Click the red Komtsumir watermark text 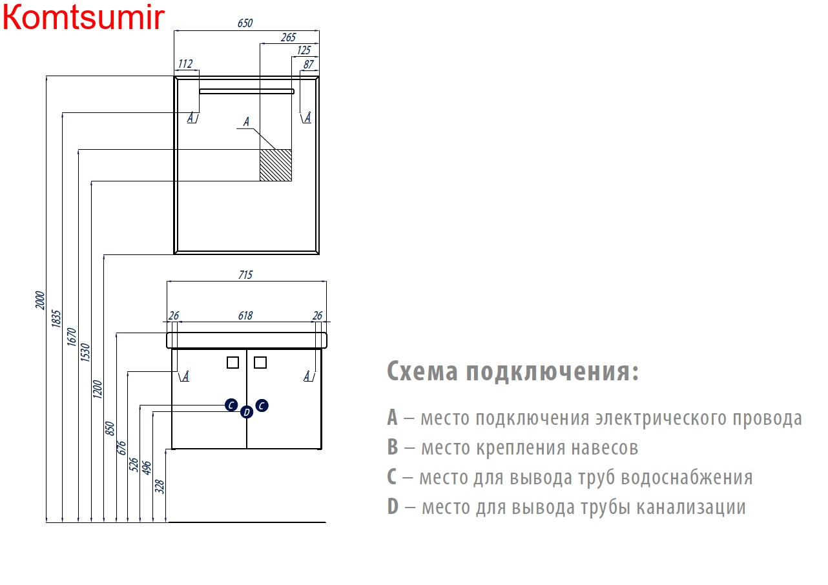[83, 17]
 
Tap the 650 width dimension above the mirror [245, 23]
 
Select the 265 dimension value [288, 37]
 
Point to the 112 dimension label [185, 64]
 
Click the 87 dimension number [309, 65]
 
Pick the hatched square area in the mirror [276, 165]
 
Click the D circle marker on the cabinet [247, 412]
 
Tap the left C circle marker [231, 405]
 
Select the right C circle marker [262, 405]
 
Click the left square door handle [233, 362]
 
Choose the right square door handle [260, 362]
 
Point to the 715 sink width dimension [245, 275]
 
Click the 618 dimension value [245, 316]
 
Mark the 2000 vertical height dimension [40, 300]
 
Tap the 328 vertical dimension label [160, 486]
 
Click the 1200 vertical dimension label [98, 389]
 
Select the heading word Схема [422, 371]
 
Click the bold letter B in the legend [393, 447]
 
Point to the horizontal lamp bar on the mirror [247, 91]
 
